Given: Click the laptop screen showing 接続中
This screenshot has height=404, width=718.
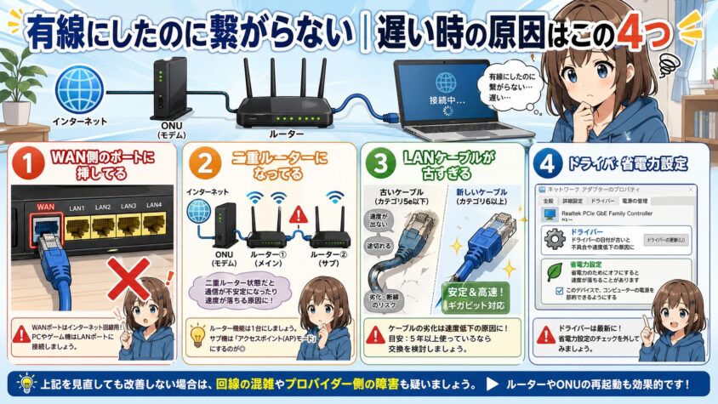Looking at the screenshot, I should click(x=444, y=88).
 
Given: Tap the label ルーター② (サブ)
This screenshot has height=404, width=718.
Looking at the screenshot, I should click(x=328, y=259).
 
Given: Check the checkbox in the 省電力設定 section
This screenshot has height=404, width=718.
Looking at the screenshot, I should click(x=559, y=290).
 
